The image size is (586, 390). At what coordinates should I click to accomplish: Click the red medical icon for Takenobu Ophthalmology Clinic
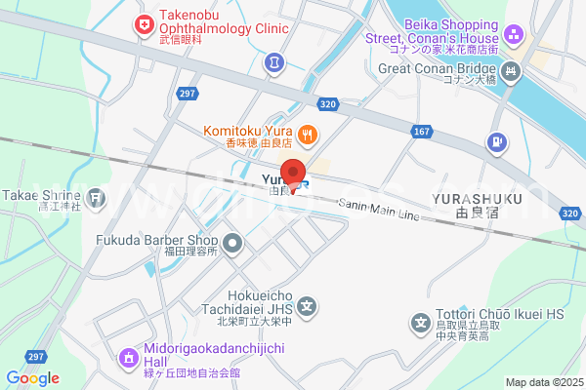(145, 21)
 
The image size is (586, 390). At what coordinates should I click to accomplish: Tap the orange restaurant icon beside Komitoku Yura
(307, 134)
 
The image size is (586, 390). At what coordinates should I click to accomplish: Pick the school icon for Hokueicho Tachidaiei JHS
(307, 310)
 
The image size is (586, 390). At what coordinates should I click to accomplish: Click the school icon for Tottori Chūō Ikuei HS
(421, 321)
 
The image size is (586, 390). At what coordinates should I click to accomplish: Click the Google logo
(32, 378)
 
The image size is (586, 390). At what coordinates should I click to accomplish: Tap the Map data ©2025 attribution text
(542, 382)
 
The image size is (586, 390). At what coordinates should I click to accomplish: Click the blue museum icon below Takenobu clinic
(274, 61)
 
